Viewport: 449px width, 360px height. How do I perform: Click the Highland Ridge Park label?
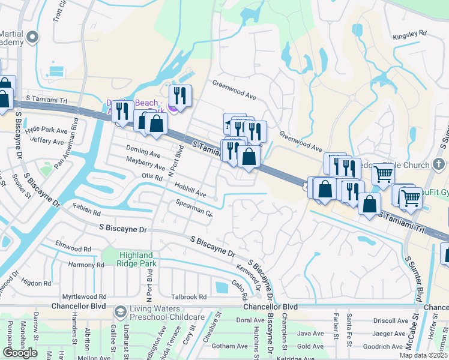click(x=128, y=259)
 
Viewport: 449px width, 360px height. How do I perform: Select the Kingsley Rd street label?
click(x=409, y=34)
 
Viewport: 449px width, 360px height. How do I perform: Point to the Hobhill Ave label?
click(x=191, y=190)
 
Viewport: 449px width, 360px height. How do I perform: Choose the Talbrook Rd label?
click(x=189, y=296)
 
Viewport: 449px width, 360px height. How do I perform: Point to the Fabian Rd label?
click(x=87, y=210)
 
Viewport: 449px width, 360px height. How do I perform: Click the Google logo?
click(x=20, y=353)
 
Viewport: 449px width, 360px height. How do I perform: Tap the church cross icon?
click(x=439, y=163)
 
